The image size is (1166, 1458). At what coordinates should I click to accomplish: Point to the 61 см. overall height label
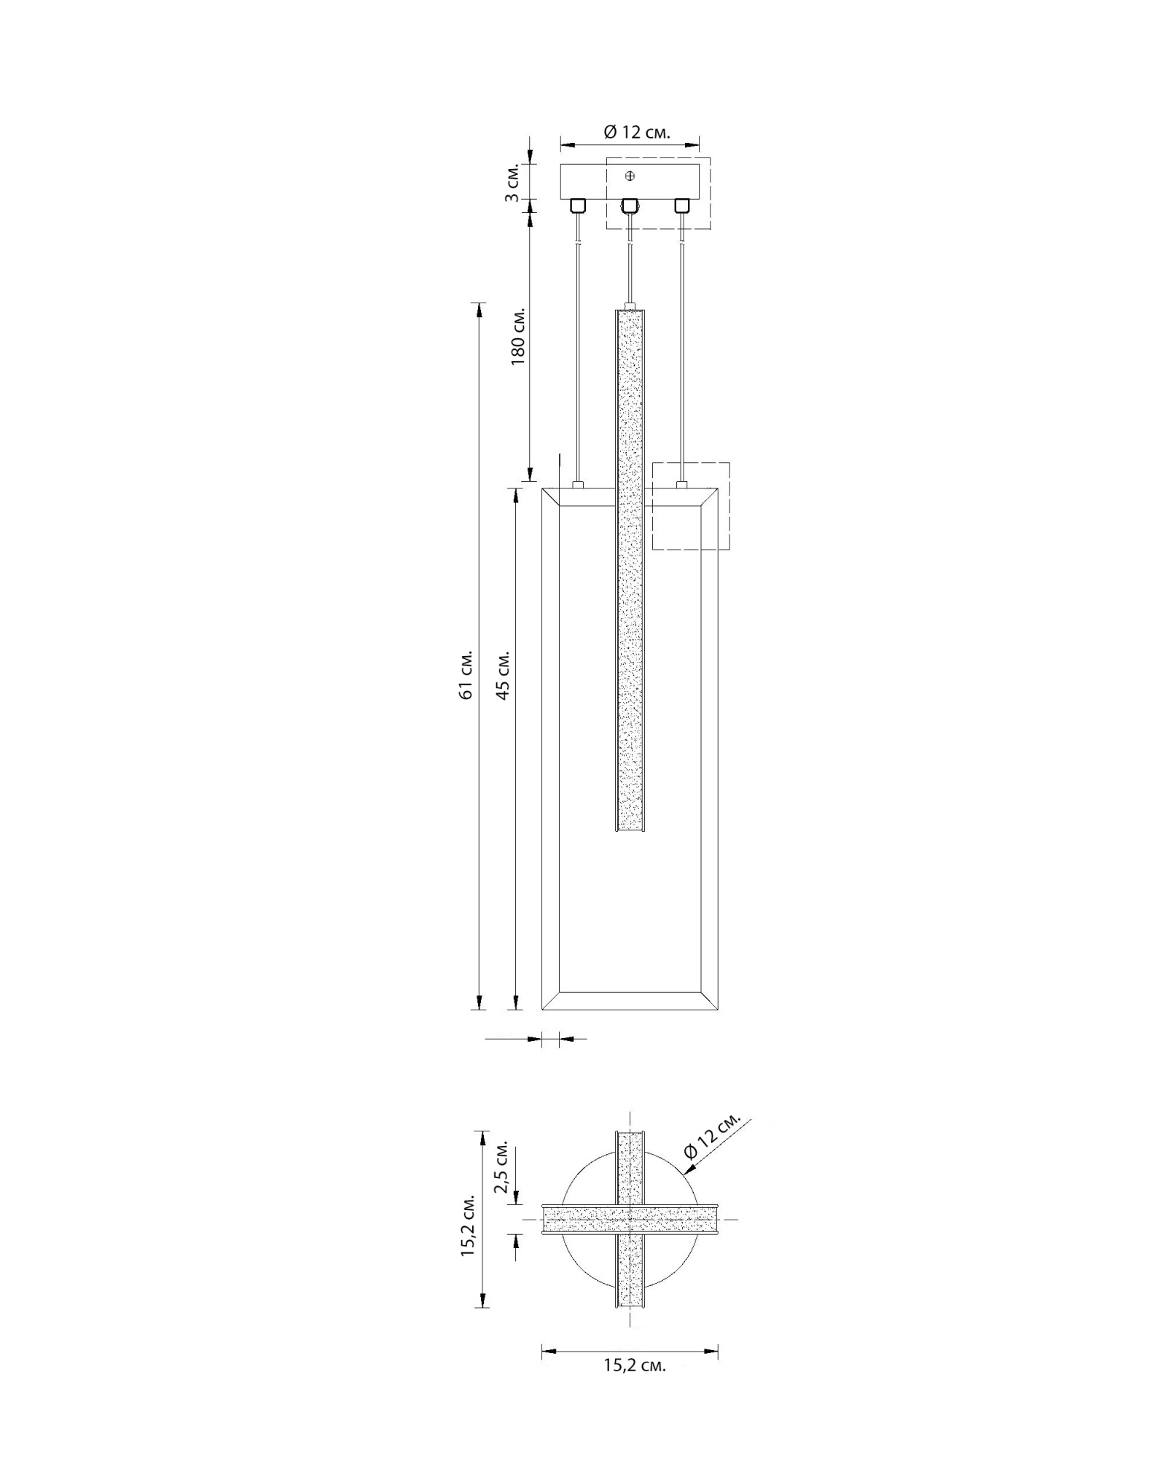466,674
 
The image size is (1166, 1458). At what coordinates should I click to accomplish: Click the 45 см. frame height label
502,674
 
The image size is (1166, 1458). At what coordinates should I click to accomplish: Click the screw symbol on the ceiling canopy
630,176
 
